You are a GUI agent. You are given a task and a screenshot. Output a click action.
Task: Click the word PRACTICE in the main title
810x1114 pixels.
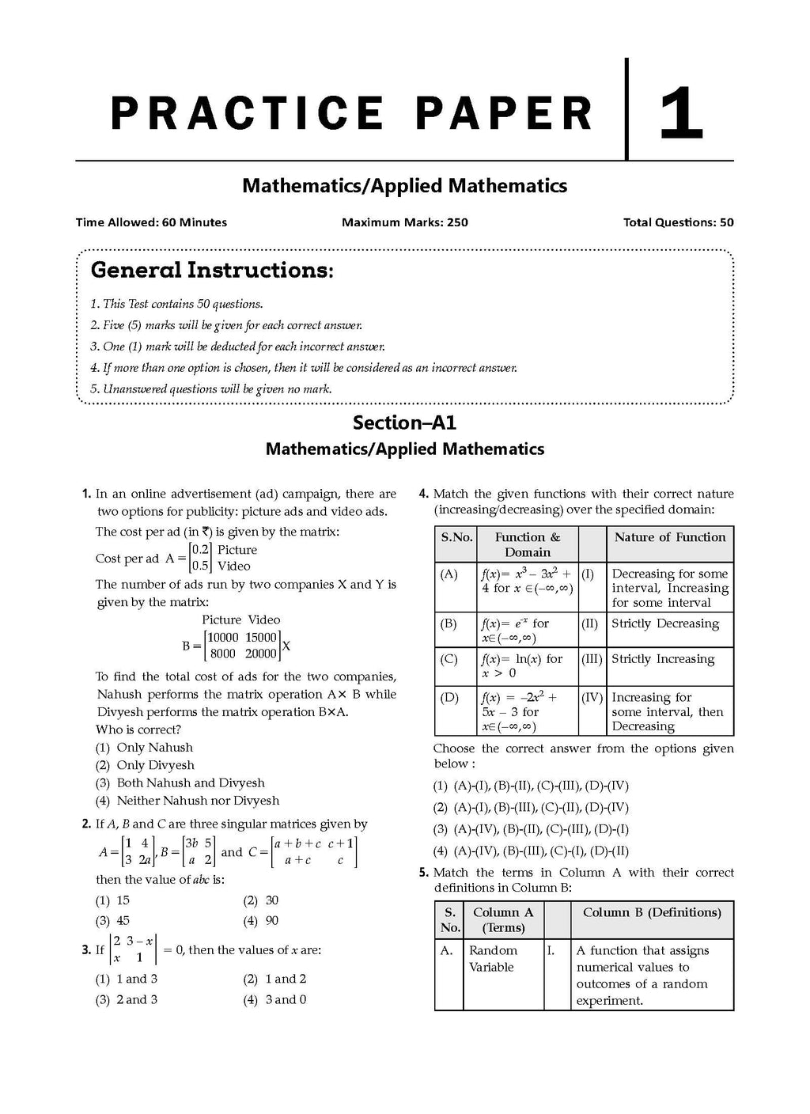tap(246, 112)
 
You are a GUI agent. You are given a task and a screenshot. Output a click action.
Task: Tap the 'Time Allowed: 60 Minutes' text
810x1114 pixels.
tap(151, 222)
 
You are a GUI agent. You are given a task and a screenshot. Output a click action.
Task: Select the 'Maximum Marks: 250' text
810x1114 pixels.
tap(404, 222)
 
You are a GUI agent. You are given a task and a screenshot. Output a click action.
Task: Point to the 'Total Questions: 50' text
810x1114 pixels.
tap(678, 222)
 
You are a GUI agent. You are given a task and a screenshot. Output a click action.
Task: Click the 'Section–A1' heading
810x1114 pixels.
tap(404, 422)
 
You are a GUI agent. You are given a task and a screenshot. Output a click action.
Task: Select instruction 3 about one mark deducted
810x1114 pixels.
tap(238, 347)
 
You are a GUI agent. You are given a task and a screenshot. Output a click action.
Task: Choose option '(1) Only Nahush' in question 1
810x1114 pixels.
tap(145, 748)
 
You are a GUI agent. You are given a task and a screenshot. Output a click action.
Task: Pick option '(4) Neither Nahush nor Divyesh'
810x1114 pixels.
tap(187, 801)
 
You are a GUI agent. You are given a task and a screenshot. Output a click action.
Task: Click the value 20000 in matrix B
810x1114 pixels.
tap(261, 654)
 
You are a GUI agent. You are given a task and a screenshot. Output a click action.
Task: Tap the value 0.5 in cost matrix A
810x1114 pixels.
tap(201, 566)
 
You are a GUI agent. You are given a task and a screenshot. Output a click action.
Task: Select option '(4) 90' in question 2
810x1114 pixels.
tap(261, 921)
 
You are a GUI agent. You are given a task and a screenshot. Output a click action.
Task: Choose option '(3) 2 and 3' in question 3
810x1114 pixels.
tap(127, 1000)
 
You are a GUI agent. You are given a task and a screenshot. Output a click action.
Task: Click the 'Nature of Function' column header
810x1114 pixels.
tap(669, 537)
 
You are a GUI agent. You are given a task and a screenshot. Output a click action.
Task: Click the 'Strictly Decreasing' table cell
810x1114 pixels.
tap(665, 623)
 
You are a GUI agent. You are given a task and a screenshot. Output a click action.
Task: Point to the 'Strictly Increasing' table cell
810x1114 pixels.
tap(663, 659)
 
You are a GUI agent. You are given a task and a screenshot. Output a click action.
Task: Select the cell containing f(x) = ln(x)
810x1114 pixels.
tap(522, 665)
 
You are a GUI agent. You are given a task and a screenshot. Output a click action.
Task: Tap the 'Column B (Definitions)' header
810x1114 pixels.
tap(652, 912)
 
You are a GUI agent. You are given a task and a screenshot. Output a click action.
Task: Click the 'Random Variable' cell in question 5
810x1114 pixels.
tap(493, 959)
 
